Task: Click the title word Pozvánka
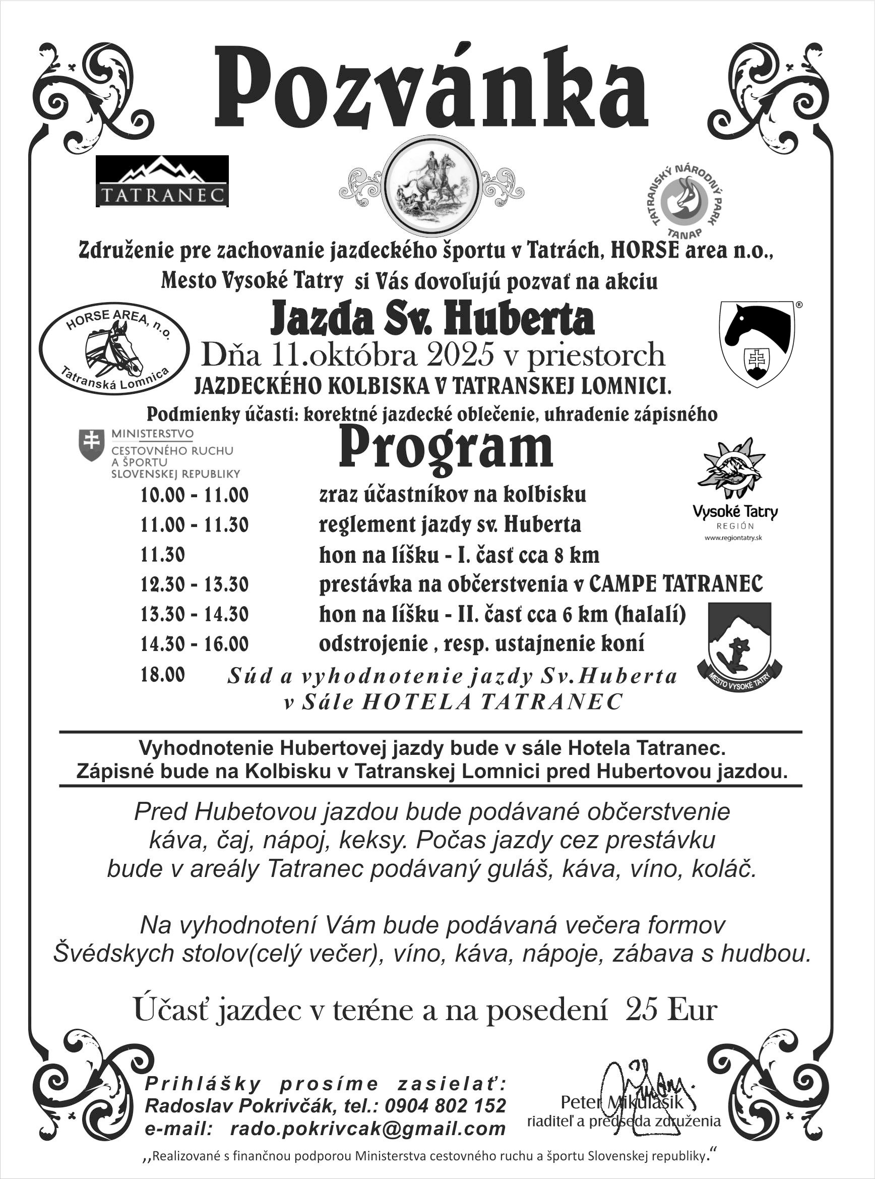pos(431,88)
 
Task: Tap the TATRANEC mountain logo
pos(162,181)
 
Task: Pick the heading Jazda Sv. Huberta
pos(431,319)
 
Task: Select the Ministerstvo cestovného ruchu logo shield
pos(91,444)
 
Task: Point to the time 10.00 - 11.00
pos(195,495)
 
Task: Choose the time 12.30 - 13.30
pos(195,584)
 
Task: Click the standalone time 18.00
pos(163,675)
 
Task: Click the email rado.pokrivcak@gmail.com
pos(367,1129)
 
